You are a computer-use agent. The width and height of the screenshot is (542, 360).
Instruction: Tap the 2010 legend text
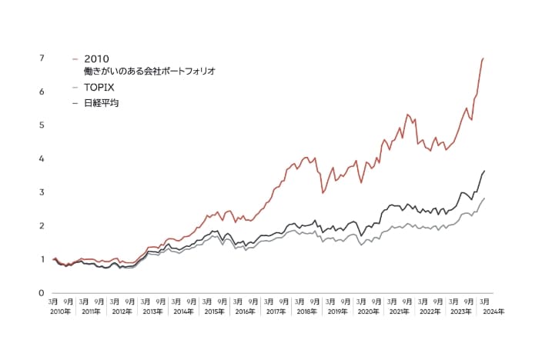point(98,58)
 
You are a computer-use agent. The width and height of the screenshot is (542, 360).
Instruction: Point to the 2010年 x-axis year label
point(60,312)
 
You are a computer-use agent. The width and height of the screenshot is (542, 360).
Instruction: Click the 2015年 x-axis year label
point(214,312)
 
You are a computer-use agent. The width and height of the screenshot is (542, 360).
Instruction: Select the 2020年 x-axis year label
point(369,312)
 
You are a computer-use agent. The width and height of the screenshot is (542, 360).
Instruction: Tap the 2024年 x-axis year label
point(493,312)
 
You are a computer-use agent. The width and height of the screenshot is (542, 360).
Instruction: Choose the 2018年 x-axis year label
point(306,312)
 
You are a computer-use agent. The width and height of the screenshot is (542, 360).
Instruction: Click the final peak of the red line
point(483,58)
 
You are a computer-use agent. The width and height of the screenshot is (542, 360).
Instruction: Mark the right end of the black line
point(484,170)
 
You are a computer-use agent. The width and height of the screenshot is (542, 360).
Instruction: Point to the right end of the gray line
point(484,198)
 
